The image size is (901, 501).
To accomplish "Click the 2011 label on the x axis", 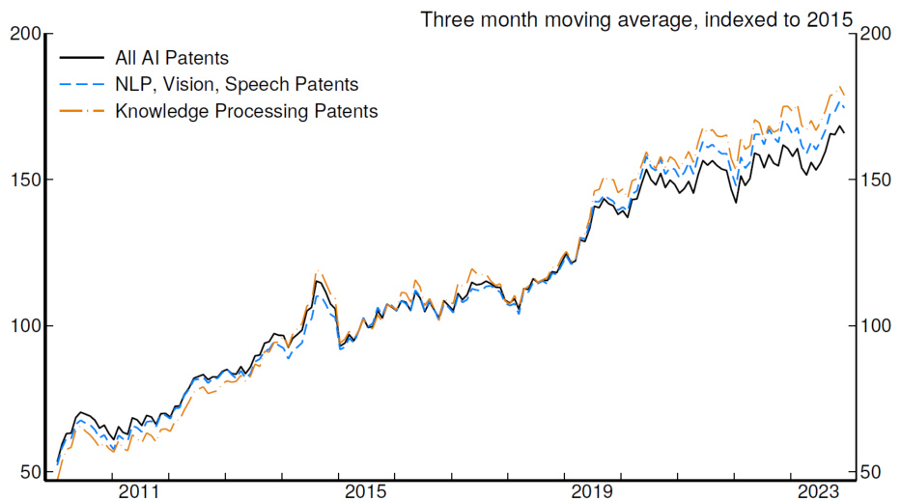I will (138, 491).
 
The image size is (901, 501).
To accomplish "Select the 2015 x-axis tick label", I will (366, 491).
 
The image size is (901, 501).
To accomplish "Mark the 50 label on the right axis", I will (868, 472).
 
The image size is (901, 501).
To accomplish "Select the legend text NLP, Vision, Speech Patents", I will (237, 85).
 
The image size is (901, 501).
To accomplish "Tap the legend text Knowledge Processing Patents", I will (246, 111).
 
